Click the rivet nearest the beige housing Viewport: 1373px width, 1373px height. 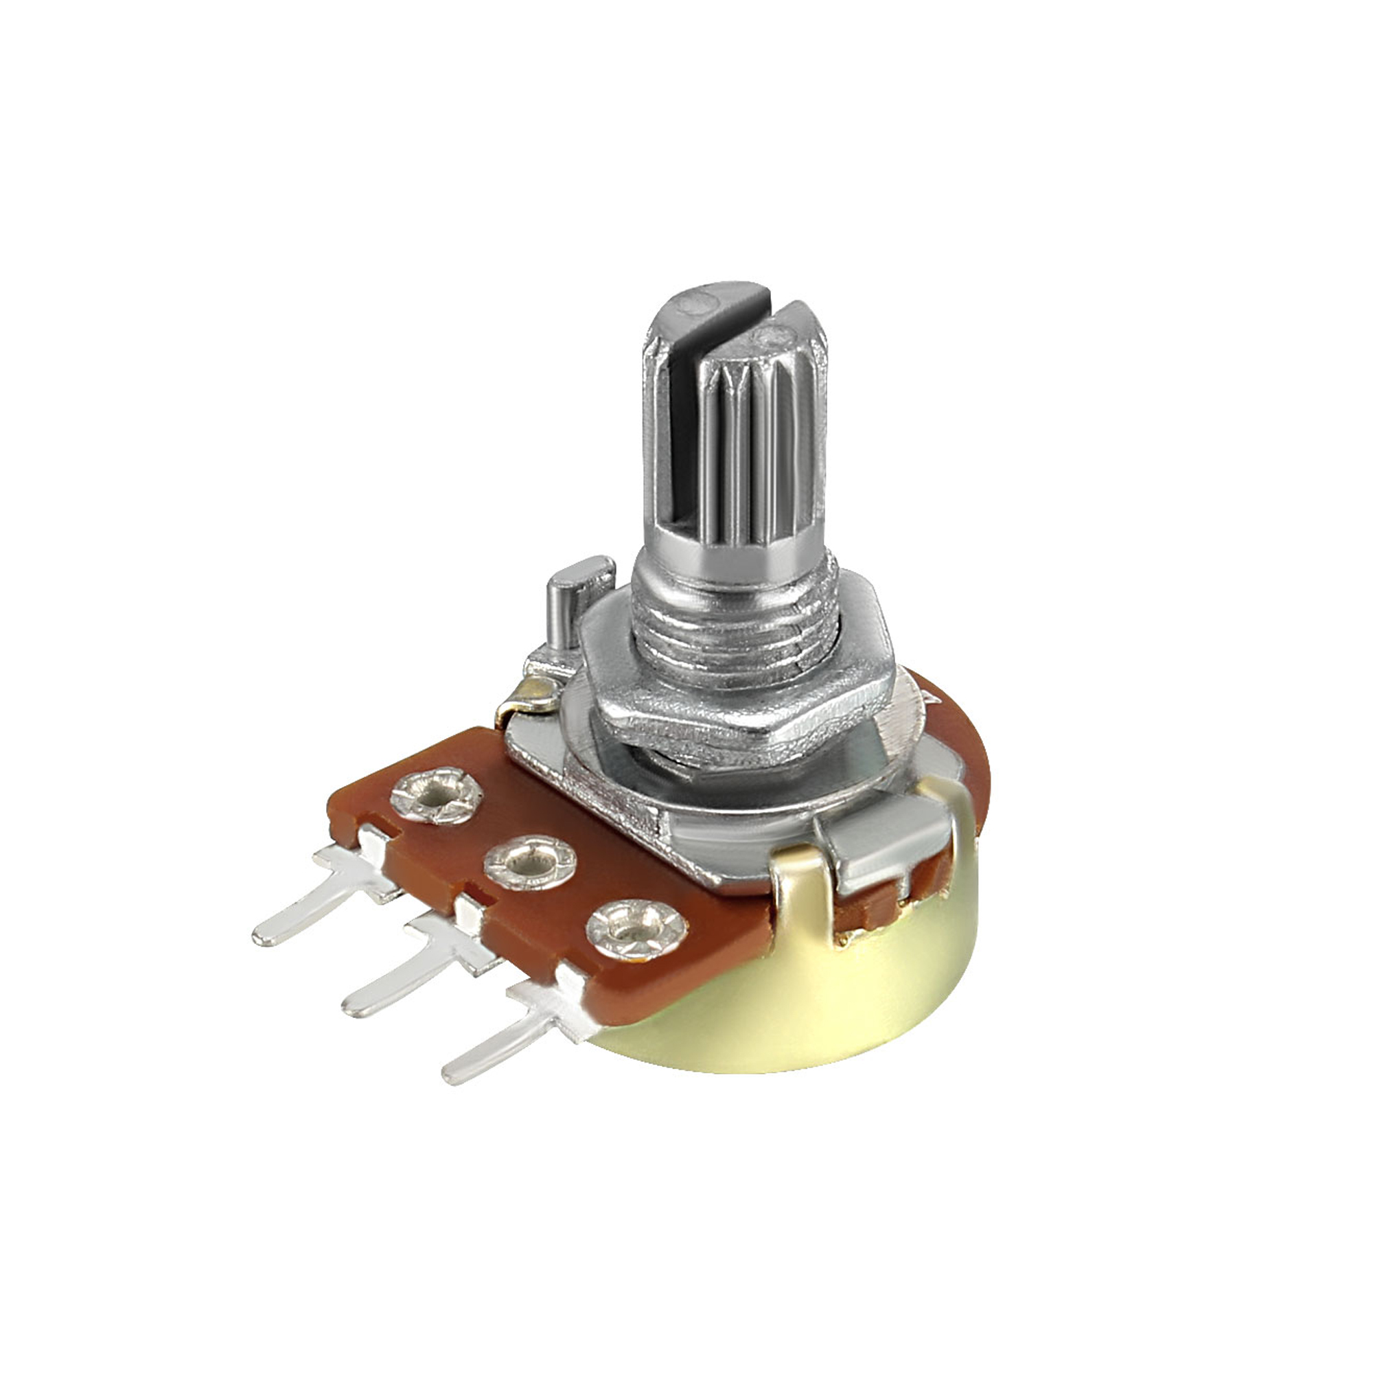[636, 928]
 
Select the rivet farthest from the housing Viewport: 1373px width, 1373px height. [432, 797]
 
